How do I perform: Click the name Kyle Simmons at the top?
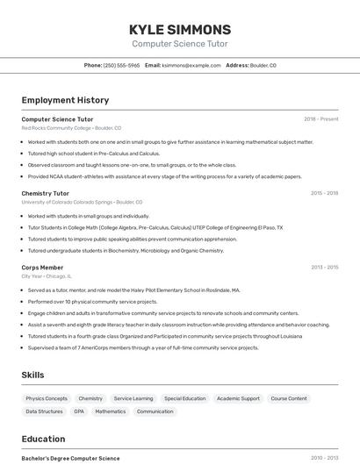180,30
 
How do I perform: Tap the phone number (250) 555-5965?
121,65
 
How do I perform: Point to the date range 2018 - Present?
320,118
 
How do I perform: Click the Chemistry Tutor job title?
46,193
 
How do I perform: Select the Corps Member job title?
42,267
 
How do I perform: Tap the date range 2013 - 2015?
324,267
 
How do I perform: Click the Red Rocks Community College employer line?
71,128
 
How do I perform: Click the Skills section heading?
33,375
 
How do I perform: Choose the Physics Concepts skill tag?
47,398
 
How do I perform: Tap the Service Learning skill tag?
133,398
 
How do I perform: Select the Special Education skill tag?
184,398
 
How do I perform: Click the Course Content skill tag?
289,398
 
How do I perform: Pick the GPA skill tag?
79,411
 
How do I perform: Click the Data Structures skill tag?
44,411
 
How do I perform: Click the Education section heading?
44,439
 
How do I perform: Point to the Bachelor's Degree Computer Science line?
70,458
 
